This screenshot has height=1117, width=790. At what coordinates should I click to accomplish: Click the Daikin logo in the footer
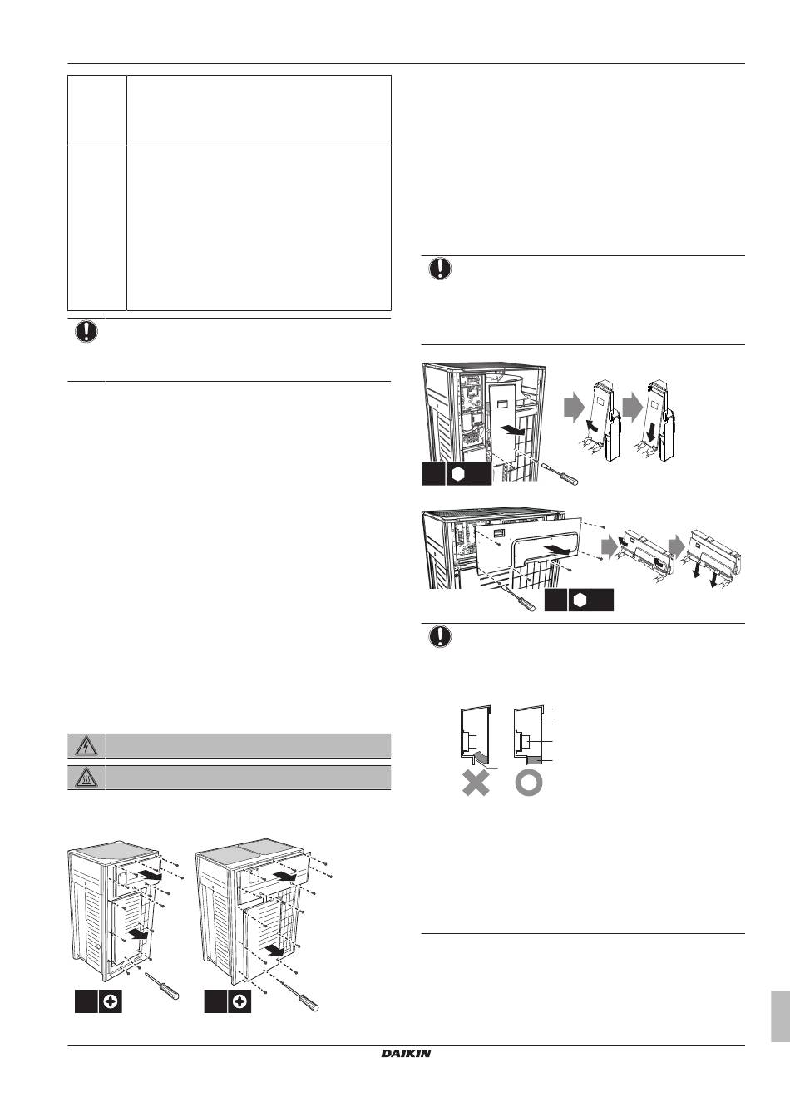[406, 1054]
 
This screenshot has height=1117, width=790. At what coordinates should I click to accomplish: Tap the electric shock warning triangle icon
[86, 747]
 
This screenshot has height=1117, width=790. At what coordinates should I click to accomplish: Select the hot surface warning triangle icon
[86, 778]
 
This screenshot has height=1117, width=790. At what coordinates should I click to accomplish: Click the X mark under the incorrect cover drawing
[476, 783]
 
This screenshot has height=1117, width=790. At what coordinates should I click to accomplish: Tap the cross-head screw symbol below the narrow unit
[110, 1002]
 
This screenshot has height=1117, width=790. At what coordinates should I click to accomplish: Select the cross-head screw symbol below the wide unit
[239, 1002]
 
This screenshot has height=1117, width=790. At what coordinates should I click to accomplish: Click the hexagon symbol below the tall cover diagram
[457, 474]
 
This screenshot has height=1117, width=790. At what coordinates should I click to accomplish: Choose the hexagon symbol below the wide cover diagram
[579, 601]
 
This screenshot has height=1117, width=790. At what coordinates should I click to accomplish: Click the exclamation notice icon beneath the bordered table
[86, 332]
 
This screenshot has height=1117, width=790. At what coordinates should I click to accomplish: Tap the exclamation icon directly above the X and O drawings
[440, 636]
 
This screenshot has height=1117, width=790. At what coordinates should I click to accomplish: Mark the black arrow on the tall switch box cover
[513, 430]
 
